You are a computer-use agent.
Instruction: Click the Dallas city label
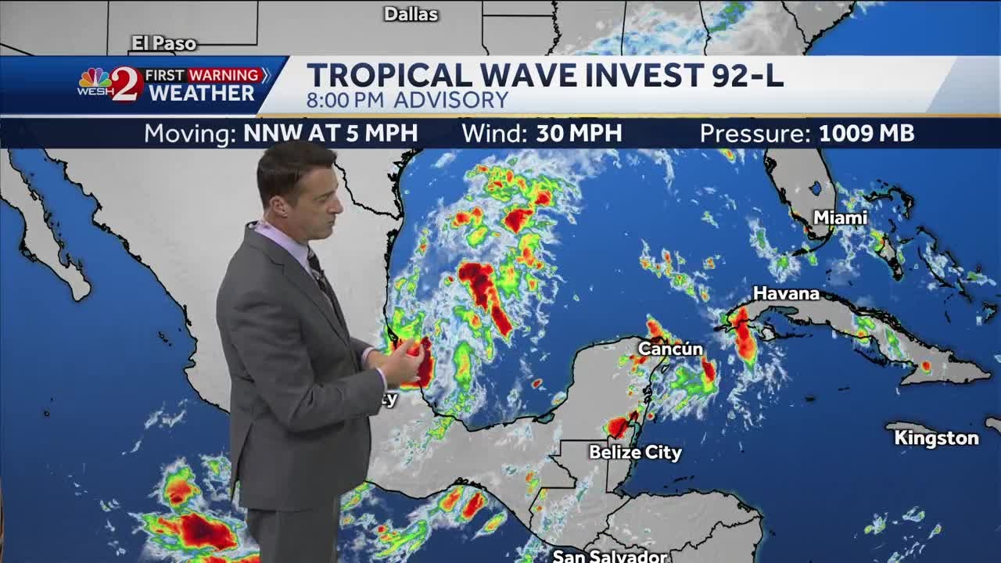tap(411, 14)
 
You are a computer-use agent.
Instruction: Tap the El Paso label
tap(163, 44)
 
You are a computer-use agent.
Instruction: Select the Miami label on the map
tap(840, 218)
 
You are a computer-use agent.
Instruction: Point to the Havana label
tap(786, 294)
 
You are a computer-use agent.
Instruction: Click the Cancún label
tap(670, 349)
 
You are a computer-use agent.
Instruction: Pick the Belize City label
tap(635, 453)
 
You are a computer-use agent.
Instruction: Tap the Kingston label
tap(936, 438)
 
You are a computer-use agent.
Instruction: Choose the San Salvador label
tap(610, 556)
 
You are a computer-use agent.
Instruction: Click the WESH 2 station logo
tap(110, 84)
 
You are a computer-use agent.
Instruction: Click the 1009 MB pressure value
tap(866, 134)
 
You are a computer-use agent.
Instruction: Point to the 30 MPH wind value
tap(579, 134)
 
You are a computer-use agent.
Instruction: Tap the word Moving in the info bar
tap(190, 134)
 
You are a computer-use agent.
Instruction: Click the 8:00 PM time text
tap(346, 100)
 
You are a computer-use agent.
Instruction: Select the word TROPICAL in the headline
tap(389, 75)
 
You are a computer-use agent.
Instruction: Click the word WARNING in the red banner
tap(224, 75)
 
